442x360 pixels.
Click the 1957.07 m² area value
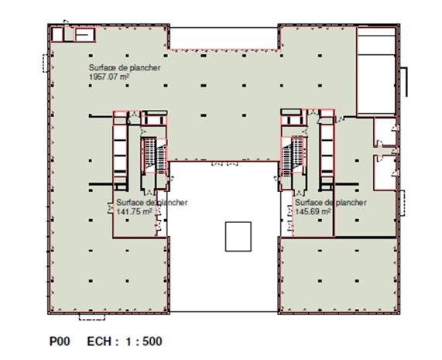tap(109, 77)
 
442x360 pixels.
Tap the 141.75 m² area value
tap(135, 211)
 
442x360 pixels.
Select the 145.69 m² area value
tap(313, 211)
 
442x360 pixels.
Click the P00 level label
tap(60, 341)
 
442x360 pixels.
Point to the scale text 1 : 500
tap(144, 341)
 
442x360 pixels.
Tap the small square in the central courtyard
tap(238, 237)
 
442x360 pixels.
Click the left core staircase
tap(154, 155)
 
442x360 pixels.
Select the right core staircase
tap(293, 156)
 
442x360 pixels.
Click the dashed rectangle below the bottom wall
tap(92, 317)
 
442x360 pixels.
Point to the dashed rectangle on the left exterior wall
tap(46, 63)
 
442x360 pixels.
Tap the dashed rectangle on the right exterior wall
tap(403, 203)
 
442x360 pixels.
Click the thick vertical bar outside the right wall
tap(406, 82)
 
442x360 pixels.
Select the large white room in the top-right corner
tap(375, 71)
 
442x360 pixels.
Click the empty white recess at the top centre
tap(224, 39)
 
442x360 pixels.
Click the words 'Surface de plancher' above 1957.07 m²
tap(125, 67)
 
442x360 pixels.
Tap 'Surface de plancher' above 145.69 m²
tap(331, 202)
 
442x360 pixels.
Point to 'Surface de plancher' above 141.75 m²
tap(152, 202)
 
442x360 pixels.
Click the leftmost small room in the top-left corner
tap(57, 34)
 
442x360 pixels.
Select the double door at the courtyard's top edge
tap(224, 163)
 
